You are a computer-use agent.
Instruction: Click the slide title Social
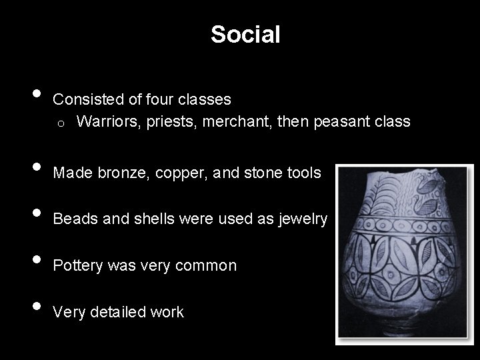pos(245,34)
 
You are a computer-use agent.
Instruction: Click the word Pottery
pos(76,265)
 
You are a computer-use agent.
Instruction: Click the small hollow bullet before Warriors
pos(61,123)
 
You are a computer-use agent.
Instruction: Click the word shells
pos(132,219)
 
